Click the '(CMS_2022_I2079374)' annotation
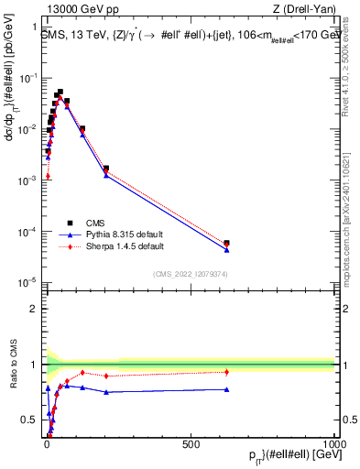click(x=190, y=273)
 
